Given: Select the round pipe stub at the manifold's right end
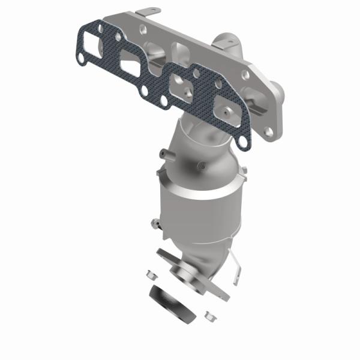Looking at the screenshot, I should coord(278,90).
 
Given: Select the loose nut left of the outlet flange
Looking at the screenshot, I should coord(151,275).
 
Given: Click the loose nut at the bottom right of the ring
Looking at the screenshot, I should coord(209,314).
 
